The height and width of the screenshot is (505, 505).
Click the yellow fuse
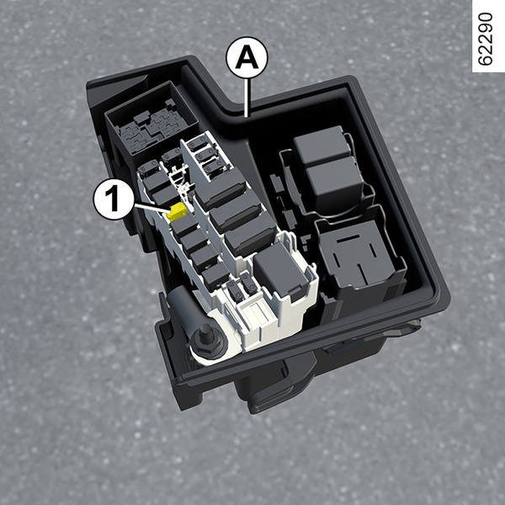click(x=177, y=211)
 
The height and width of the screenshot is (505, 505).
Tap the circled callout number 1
click(x=114, y=199)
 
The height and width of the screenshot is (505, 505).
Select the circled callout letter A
click(x=247, y=58)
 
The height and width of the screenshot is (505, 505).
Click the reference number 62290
click(x=486, y=39)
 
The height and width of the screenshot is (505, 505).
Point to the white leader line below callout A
click(x=247, y=98)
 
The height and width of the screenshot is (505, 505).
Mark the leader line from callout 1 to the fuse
click(x=152, y=208)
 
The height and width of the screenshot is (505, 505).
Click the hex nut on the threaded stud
click(x=206, y=343)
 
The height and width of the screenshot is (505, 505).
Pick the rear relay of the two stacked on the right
click(x=322, y=146)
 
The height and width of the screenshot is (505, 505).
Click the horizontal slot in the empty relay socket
click(x=348, y=237)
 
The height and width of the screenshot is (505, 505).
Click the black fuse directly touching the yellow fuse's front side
click(x=184, y=227)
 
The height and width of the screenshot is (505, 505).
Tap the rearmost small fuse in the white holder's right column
click(x=198, y=143)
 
